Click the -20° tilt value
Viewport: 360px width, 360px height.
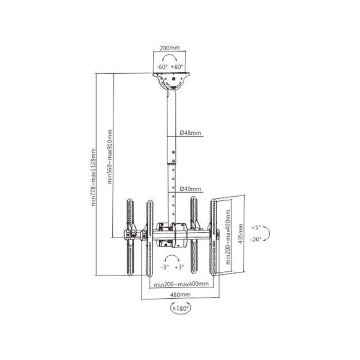[x=257, y=238]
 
